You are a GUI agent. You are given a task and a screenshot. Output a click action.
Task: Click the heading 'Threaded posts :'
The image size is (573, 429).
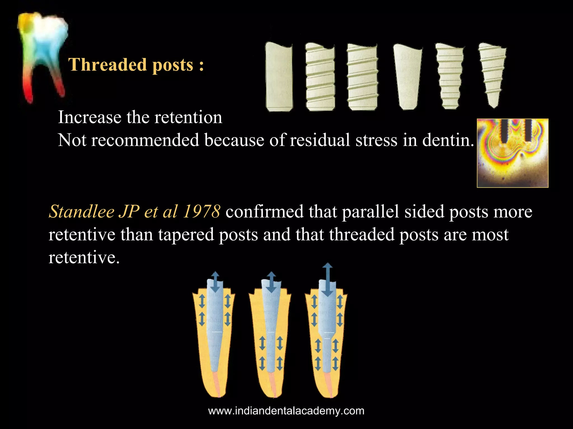[136, 65]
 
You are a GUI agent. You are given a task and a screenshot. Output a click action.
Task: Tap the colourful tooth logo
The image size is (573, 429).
[43, 56]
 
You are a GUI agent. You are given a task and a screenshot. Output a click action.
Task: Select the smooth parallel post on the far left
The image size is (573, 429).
[279, 77]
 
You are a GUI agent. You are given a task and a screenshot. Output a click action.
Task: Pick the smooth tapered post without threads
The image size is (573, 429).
[407, 77]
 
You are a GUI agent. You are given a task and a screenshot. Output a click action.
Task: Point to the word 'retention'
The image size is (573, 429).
[188, 117]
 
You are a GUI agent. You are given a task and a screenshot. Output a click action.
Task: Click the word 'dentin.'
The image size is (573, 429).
[448, 140]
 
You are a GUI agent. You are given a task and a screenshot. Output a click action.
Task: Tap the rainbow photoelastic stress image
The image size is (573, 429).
[512, 153]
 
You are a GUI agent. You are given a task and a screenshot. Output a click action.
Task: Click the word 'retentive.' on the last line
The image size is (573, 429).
[84, 257]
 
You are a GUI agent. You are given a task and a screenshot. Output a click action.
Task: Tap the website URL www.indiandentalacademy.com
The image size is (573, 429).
[286, 411]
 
